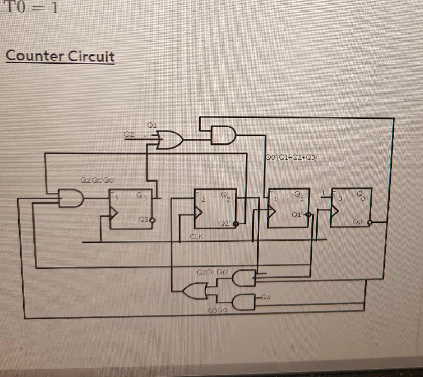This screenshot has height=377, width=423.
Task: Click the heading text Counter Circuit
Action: pyautogui.click(x=60, y=56)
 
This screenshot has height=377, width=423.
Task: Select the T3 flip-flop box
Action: pyautogui.click(x=131, y=209)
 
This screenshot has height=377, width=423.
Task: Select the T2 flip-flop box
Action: pyautogui.click(x=216, y=208)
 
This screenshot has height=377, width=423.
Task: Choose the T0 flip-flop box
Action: pyautogui.click(x=351, y=207)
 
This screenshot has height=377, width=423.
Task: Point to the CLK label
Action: pyautogui.click(x=196, y=237)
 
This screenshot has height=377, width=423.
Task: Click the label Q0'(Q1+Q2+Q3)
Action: pyautogui.click(x=291, y=157)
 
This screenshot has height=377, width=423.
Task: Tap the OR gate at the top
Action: pyautogui.click(x=171, y=140)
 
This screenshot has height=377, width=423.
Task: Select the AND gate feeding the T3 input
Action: pyautogui.click(x=71, y=198)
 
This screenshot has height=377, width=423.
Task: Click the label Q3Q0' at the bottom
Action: pyautogui.click(x=218, y=310)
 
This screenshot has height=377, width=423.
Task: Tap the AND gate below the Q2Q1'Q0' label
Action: pyautogui.click(x=244, y=277)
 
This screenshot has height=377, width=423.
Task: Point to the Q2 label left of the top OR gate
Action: pyautogui.click(x=129, y=134)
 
